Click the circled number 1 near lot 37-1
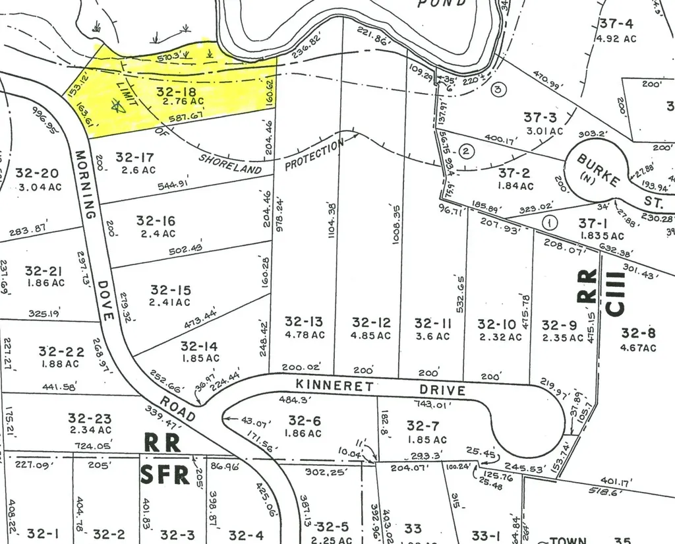click(x=548, y=223)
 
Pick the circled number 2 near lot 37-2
click(x=466, y=152)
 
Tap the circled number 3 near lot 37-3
click(x=499, y=89)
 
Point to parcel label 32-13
click(x=304, y=322)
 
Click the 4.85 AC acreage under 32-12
click(x=370, y=335)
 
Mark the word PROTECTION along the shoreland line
click(x=314, y=155)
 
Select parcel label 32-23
click(x=90, y=418)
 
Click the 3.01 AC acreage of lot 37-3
click(x=545, y=131)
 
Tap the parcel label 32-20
click(x=37, y=173)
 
